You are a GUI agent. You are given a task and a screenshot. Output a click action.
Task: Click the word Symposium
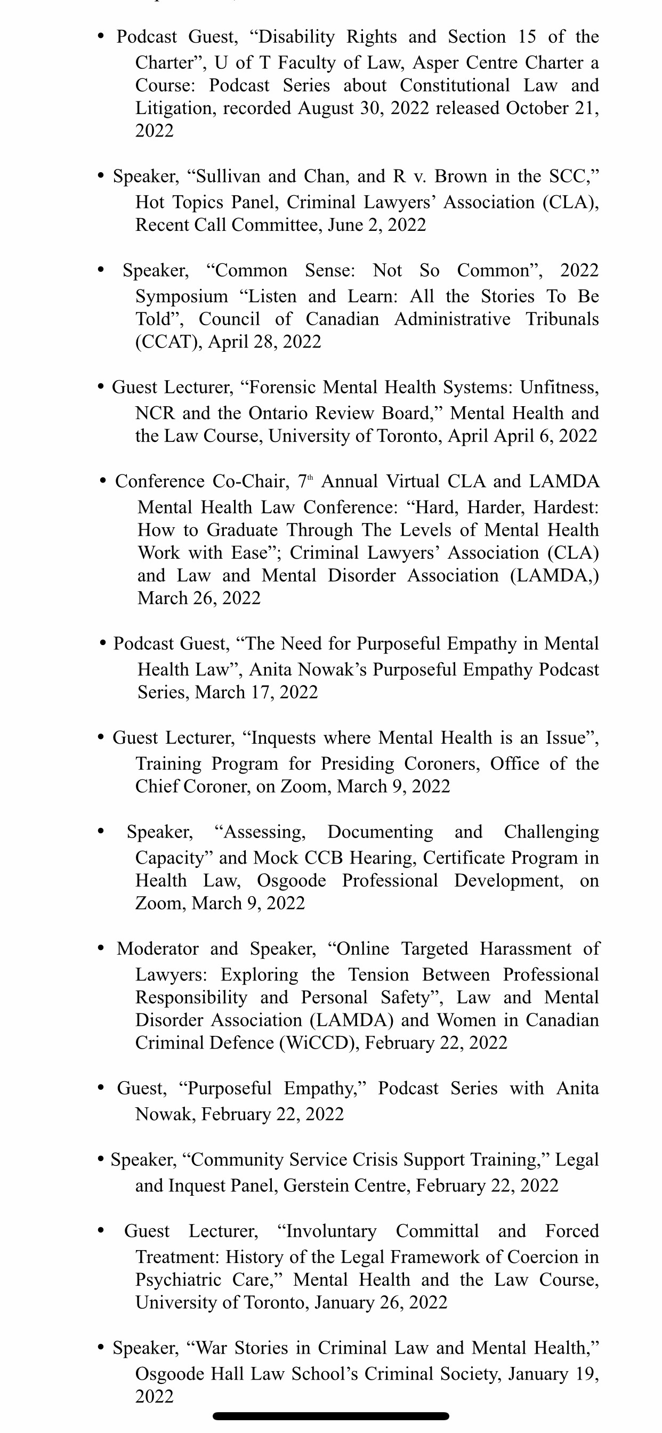181,296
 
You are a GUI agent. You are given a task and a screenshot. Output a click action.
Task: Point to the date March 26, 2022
199,599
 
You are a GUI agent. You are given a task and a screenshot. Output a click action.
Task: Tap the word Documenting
380,832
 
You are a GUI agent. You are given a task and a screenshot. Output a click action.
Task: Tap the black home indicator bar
330,1416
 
